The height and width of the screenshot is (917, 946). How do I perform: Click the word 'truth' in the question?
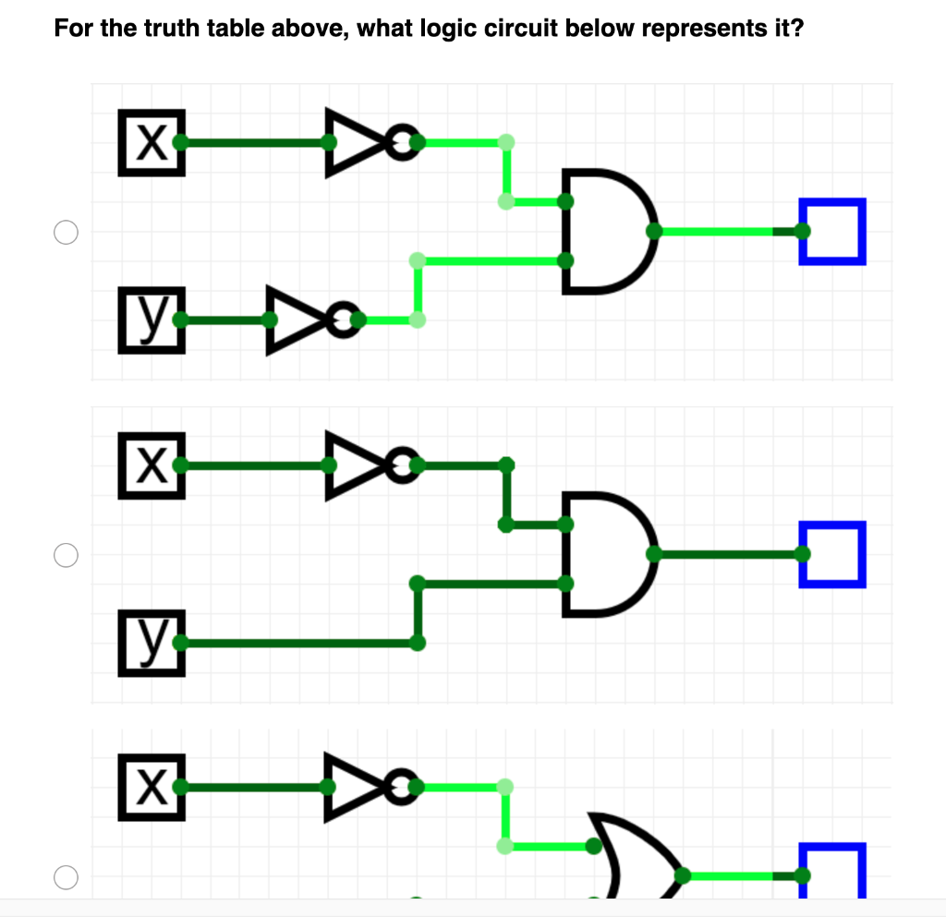coord(172,29)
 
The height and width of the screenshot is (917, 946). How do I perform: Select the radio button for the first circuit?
coord(65,232)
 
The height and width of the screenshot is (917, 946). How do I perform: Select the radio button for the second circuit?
coord(65,555)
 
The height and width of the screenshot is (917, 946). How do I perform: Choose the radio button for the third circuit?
coord(65,876)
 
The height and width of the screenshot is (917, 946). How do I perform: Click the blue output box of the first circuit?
coord(833,231)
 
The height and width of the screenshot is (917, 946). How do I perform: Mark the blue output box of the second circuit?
coord(833,554)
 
